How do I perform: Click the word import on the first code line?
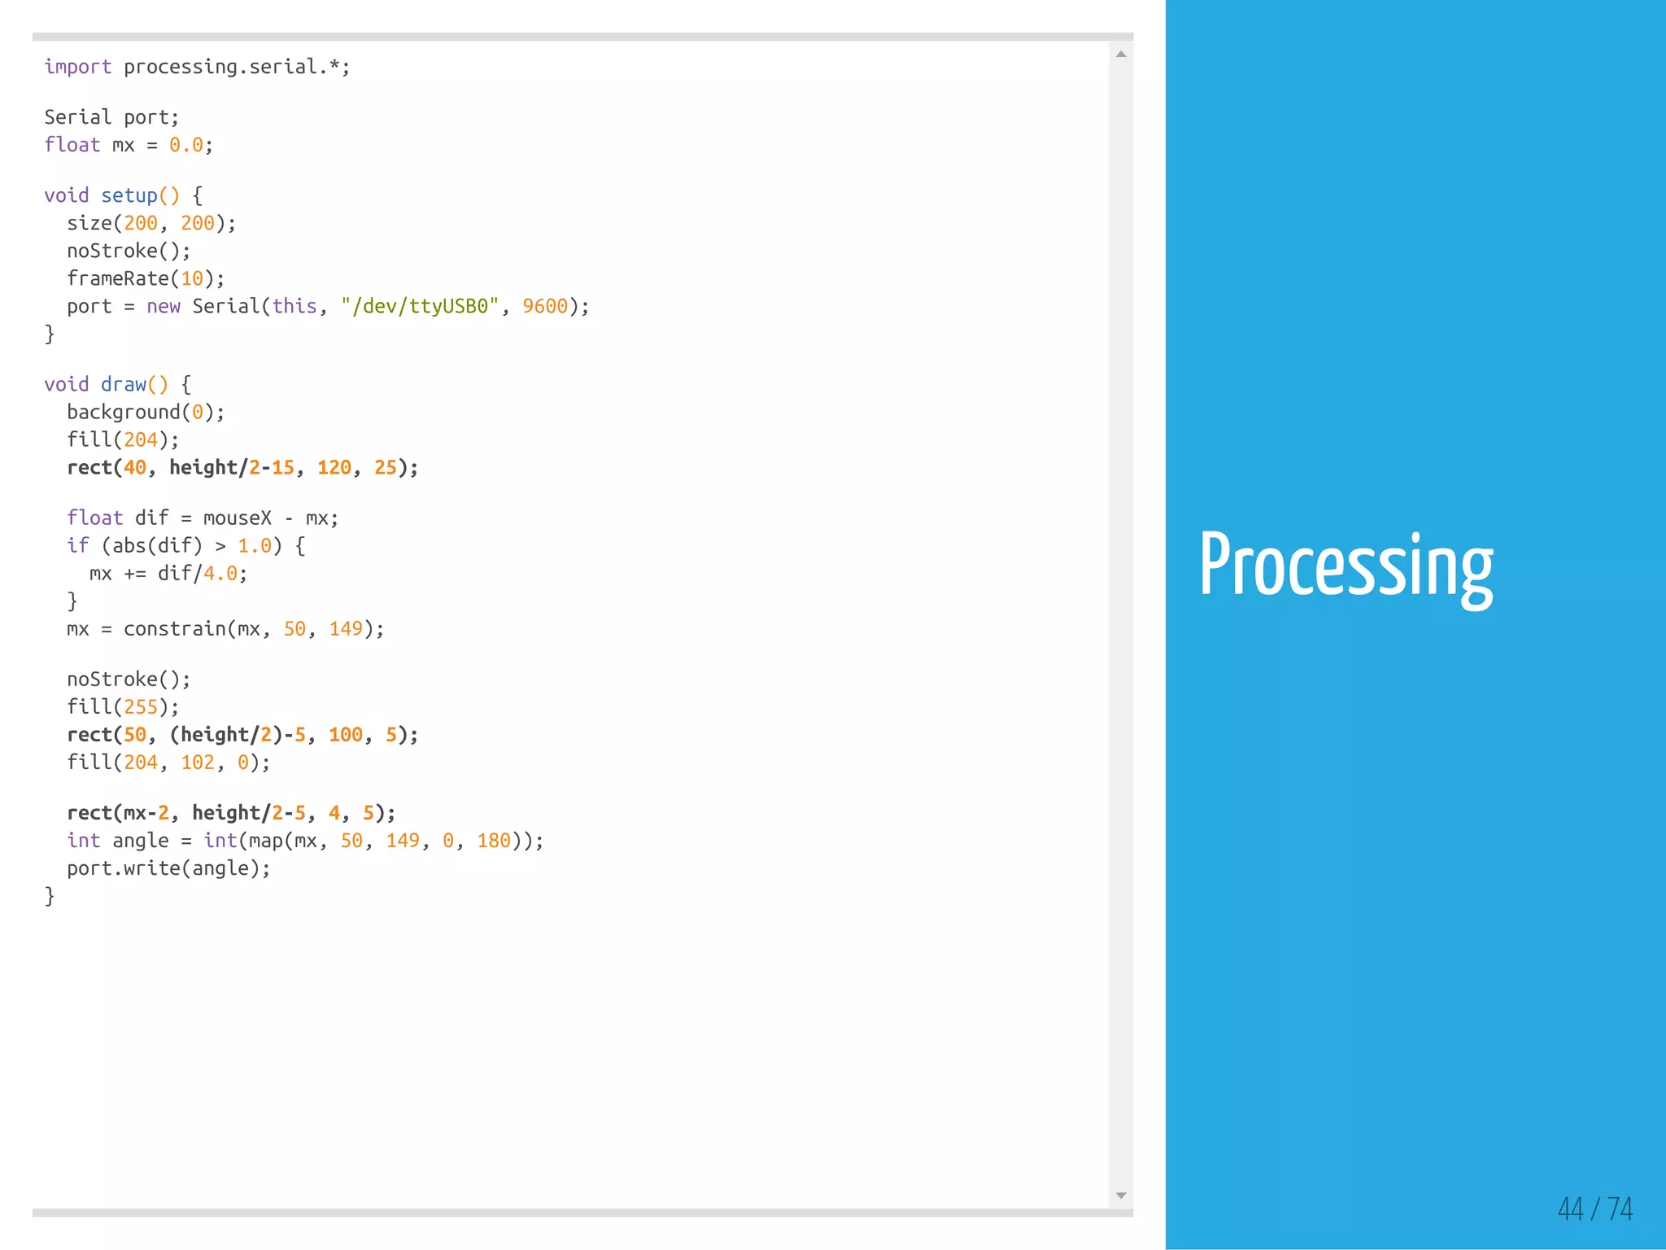point(77,67)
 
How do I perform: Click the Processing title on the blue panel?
point(1346,566)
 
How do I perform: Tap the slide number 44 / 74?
point(1594,1208)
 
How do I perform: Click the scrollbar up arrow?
point(1121,55)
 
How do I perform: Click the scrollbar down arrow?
point(1121,1195)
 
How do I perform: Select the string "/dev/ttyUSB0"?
point(420,306)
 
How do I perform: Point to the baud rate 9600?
point(545,306)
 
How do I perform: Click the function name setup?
point(129,195)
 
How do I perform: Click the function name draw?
point(124,384)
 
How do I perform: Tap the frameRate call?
point(118,278)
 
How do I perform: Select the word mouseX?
point(238,518)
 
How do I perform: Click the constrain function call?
point(174,629)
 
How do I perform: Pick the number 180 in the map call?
point(494,841)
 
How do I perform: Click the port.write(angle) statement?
point(168,868)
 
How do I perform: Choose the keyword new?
point(164,306)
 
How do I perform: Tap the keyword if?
point(77,545)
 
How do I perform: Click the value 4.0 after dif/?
point(220,574)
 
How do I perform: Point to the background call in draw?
point(124,412)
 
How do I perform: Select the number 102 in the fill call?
point(198,763)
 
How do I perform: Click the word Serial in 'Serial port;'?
point(77,117)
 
